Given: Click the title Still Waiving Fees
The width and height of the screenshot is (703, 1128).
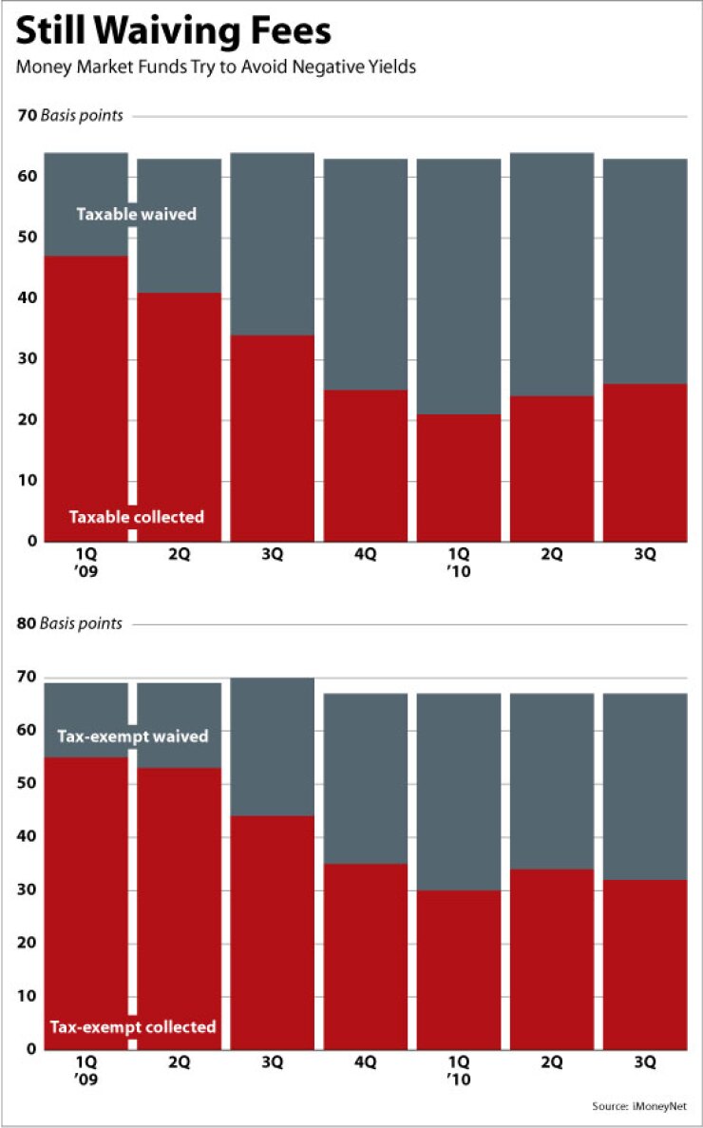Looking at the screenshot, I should pos(174,32).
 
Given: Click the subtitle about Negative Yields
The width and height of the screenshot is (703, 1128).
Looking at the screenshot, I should pos(217,69).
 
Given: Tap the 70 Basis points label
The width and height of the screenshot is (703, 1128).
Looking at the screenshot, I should pos(70,116).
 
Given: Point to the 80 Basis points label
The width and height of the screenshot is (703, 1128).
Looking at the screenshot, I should pos(70,624).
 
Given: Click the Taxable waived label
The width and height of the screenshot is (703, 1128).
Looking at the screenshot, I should pos(136,214).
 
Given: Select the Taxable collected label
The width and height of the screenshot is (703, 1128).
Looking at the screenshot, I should pos(136,517).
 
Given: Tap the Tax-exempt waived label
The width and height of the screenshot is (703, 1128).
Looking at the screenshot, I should pos(132,736).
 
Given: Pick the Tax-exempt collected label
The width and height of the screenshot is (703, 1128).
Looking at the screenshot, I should pos(132,1026).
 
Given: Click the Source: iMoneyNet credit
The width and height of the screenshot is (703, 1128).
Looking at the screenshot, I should pos(646,1106).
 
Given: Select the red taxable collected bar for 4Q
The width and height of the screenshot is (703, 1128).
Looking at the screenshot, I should pos(366,466).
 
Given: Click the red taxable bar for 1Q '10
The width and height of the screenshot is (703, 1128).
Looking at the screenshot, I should pos(459,477).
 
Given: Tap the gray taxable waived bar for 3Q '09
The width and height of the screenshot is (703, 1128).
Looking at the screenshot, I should pos(273,243).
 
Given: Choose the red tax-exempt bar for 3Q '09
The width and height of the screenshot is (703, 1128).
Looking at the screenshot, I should pos(273,931).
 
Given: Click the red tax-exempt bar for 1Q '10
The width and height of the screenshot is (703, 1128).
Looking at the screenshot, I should pos(459,969).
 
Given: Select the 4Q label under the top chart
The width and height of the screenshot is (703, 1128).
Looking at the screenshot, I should pos(366,555).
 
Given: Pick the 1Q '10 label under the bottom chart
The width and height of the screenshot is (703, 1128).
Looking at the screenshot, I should pos(459,1070).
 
